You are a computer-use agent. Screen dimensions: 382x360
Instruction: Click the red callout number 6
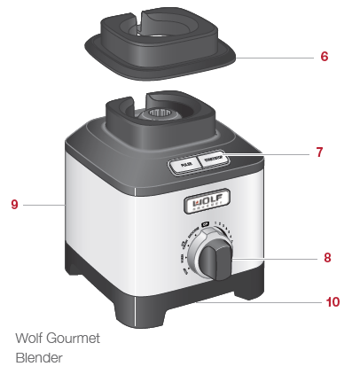(325, 56)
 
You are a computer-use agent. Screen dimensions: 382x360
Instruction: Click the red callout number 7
(319, 153)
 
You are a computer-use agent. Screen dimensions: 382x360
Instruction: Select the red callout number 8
(327, 258)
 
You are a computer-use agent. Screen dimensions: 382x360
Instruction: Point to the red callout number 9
(14, 205)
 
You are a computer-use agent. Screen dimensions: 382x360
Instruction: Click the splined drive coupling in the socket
(160, 114)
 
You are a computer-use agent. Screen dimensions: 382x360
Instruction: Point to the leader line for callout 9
(44, 205)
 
